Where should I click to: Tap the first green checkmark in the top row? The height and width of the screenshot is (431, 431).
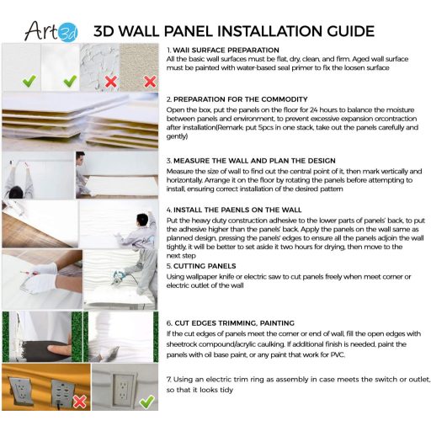(29, 81)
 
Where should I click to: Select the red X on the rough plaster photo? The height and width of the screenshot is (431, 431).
(109, 82)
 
